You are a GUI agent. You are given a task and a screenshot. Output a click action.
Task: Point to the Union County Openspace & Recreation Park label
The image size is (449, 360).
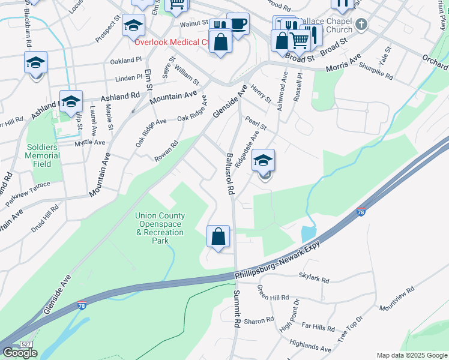[x=160, y=228]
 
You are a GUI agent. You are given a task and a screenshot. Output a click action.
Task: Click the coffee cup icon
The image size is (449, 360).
[x=238, y=24]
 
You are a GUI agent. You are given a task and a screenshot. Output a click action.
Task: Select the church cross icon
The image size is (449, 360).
[x=361, y=25]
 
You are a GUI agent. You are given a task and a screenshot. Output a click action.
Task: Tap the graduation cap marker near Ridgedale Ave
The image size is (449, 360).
[x=263, y=160]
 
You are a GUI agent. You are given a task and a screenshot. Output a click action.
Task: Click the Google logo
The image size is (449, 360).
[x=20, y=353]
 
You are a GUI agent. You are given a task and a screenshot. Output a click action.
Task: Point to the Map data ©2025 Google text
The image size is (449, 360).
[x=411, y=355]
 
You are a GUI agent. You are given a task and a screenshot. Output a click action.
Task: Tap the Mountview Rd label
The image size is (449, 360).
[x=397, y=299]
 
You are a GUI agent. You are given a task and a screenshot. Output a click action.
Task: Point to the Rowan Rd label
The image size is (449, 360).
[x=167, y=147]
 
